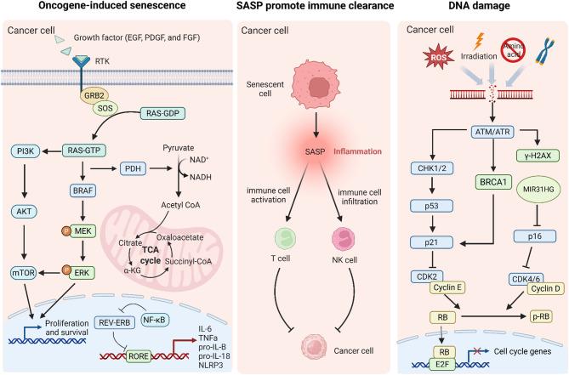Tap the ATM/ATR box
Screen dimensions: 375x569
pyautogui.click(x=464, y=131)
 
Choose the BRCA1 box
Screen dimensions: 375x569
pyautogui.click(x=464, y=180)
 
